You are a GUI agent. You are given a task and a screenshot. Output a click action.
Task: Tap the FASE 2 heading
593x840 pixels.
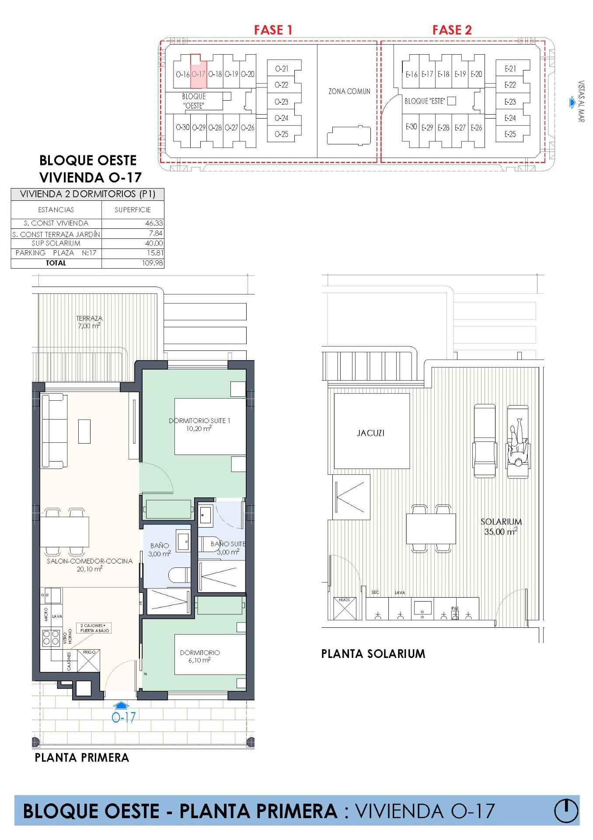coord(452,30)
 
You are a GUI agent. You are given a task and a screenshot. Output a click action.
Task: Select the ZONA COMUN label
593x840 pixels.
coord(349,91)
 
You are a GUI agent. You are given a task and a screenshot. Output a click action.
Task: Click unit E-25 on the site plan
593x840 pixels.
coord(510,134)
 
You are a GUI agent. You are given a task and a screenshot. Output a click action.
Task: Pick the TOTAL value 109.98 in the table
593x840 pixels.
coord(152,263)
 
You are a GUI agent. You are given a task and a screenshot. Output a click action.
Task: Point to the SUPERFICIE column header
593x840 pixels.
coord(133,210)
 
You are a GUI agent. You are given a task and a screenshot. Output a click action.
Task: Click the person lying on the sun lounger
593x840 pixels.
coord(518,443)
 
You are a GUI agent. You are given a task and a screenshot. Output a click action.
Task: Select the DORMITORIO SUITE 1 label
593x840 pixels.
coord(199,424)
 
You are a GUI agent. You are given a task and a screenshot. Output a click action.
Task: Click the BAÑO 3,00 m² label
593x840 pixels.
coord(159,549)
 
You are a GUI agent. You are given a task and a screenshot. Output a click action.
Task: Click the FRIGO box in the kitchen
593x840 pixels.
coord(89,661)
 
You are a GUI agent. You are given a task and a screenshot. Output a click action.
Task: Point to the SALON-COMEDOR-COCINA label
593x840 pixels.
coord(90,564)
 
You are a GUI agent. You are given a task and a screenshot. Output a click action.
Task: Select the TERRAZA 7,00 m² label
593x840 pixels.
coord(89,322)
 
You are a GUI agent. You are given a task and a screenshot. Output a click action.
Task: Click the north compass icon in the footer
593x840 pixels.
coord(566,811)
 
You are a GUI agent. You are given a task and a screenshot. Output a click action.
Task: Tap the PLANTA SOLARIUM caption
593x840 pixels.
coord(373,654)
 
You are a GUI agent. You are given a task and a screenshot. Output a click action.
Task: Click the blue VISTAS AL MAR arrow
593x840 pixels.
coord(572,103)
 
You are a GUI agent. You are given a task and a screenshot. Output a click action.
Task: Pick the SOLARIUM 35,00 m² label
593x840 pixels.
coord(501,526)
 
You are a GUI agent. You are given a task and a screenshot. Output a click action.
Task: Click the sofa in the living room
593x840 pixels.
coord(54,430)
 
